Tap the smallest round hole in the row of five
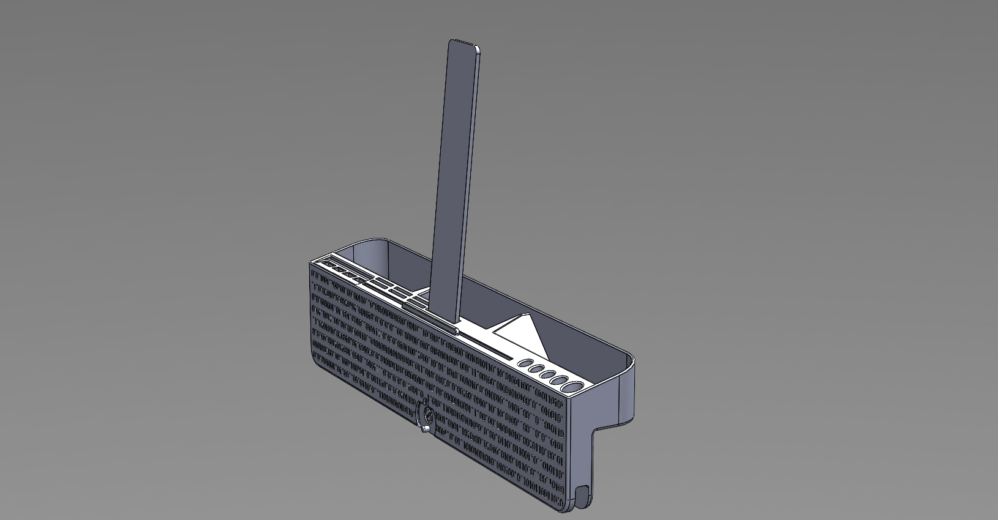[x=525, y=363]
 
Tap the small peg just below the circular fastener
[x=424, y=433]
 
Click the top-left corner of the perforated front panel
[x=311, y=264]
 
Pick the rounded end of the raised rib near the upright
[x=456, y=331]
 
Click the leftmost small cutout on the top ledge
[x=325, y=265]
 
